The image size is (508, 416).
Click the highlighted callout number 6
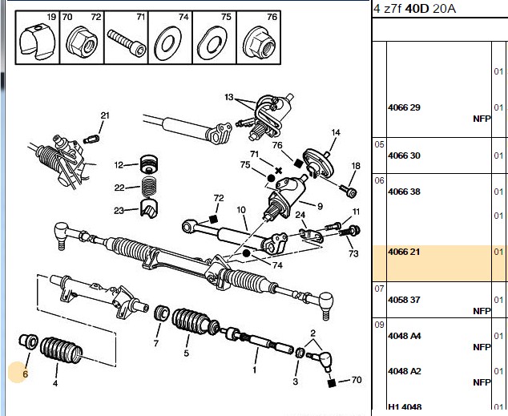coord(26,374)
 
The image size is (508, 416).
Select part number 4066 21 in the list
coord(404,252)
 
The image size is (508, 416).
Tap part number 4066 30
coord(404,155)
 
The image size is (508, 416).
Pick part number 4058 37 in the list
coord(404,300)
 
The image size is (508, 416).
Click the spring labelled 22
coord(149,187)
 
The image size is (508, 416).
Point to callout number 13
coord(228,97)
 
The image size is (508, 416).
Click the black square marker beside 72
coord(213,220)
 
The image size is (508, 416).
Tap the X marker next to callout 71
coord(278,171)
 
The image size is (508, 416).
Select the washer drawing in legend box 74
coord(167,44)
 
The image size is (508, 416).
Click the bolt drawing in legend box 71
coord(127,42)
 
